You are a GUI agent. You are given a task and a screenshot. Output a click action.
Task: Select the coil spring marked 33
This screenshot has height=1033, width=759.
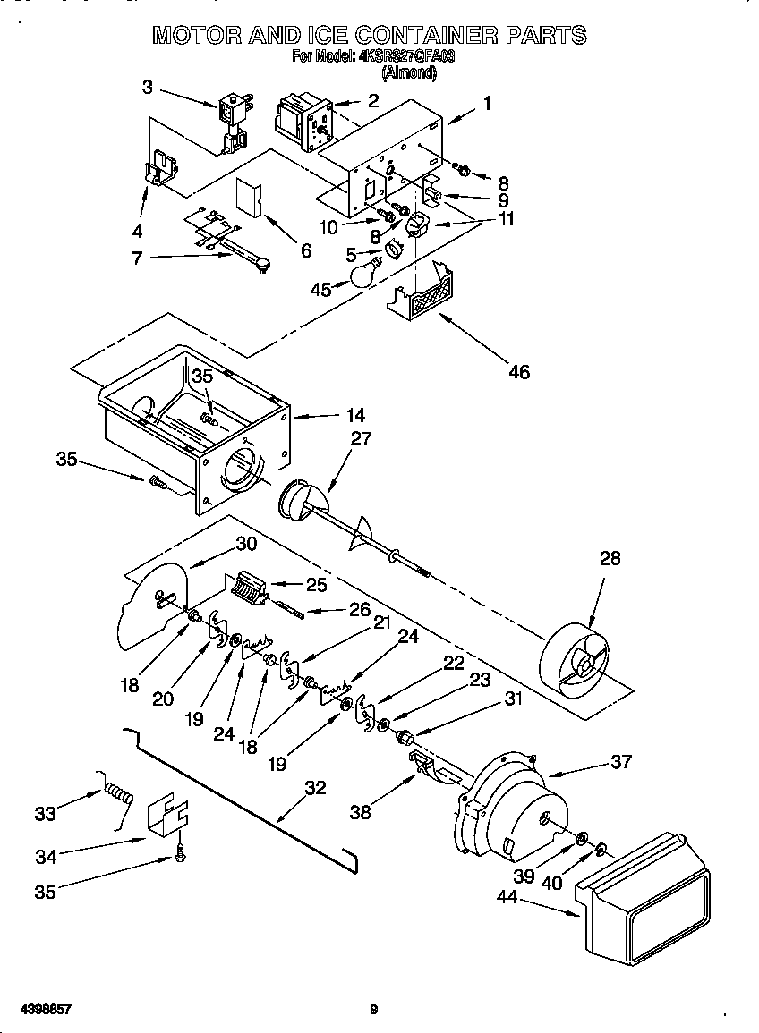[117, 792]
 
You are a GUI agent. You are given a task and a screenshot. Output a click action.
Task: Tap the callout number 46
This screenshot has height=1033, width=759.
[518, 371]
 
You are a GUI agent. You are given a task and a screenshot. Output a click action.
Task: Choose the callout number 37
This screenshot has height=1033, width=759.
[620, 761]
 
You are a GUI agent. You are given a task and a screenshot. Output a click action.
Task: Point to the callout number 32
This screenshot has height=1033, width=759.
[314, 788]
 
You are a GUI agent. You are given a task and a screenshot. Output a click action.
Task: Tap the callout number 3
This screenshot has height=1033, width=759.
[147, 87]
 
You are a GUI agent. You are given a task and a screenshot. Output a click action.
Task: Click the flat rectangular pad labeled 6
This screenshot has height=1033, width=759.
[247, 198]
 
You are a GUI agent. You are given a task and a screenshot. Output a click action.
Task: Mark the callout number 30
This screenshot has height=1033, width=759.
[246, 544]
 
